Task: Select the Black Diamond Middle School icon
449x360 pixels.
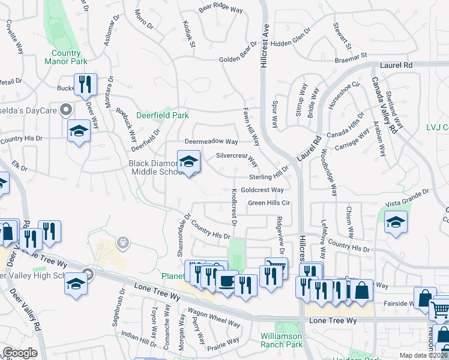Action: pyautogui.click(x=188, y=162)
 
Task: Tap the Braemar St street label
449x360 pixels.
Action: pyautogui.click(x=351, y=55)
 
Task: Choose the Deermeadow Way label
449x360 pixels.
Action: pyautogui.click(x=212, y=142)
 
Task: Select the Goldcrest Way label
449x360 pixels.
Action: pyautogui.click(x=262, y=190)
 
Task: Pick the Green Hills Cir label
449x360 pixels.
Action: pyautogui.click(x=269, y=203)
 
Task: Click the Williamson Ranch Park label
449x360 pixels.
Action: pyautogui.click(x=282, y=340)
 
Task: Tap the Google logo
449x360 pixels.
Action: pyautogui.click(x=20, y=353)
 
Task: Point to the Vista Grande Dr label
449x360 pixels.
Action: pyautogui.click(x=408, y=196)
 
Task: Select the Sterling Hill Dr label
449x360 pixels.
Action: pyautogui.click(x=270, y=176)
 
